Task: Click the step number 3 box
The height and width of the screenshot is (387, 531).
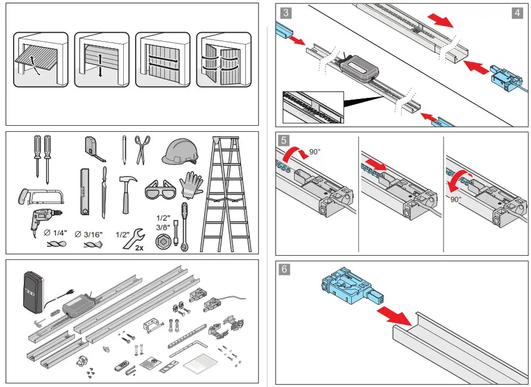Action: point(286,13)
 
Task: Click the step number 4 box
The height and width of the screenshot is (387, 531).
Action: point(518,13)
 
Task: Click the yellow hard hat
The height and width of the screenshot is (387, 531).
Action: point(179,150)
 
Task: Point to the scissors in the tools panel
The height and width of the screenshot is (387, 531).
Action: point(142,148)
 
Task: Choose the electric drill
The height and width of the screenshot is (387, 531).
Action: point(45,218)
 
